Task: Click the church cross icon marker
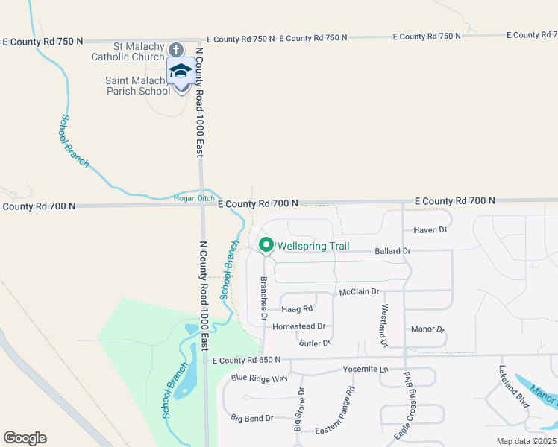(x=175, y=49)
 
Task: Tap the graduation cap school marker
(x=181, y=72)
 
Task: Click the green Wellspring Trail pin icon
(x=266, y=244)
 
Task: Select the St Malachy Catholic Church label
(x=128, y=51)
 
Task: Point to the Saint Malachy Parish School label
(x=137, y=86)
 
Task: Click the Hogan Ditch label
(x=194, y=197)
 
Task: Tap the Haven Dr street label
(x=430, y=230)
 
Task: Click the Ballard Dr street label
(x=392, y=251)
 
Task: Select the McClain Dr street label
(x=359, y=291)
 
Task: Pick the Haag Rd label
(x=297, y=308)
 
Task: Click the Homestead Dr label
(x=299, y=326)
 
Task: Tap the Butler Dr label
(x=314, y=343)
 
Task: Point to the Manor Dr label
(x=427, y=329)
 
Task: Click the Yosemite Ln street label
(x=366, y=369)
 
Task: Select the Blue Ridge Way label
(x=259, y=378)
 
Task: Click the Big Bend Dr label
(x=251, y=418)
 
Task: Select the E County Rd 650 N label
(x=246, y=360)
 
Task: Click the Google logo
(x=25, y=437)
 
